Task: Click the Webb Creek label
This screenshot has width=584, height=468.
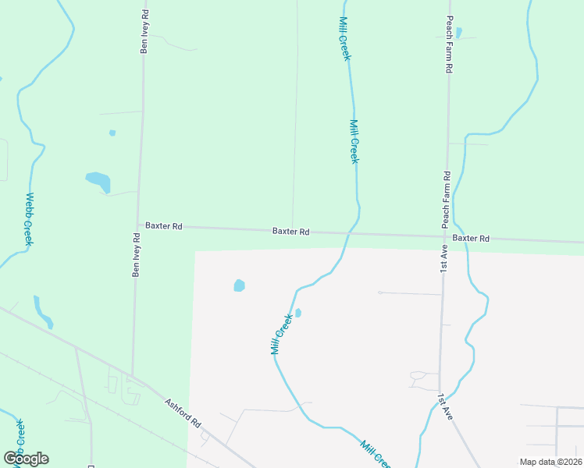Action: pos(29,219)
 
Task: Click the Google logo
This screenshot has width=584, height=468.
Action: pos(26,459)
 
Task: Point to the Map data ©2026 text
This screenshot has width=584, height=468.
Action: pos(550,462)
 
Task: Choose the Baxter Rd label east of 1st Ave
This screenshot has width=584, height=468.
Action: pos(471,238)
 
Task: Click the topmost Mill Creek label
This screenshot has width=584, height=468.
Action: pos(345,39)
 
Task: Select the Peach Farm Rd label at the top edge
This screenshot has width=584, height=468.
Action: pos(450,44)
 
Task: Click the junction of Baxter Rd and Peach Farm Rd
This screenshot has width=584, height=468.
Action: pos(445,236)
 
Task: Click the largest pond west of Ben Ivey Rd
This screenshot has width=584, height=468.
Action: pos(98,182)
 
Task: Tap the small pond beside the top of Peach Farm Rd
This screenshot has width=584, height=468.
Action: pos(458,33)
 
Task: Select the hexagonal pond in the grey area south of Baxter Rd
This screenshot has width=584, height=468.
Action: pos(240,285)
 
